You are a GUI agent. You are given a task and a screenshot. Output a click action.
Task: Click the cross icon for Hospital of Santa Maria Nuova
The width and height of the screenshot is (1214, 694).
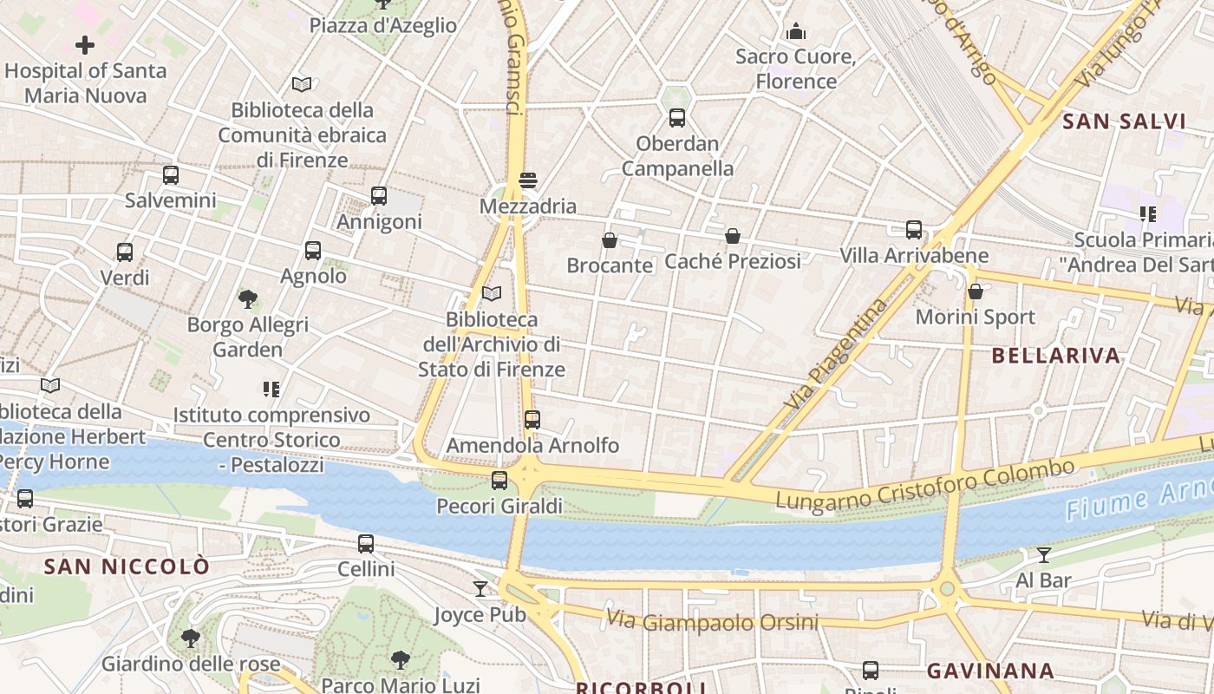(x=85, y=44)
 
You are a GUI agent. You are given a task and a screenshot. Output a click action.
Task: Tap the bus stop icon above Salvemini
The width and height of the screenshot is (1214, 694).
(x=171, y=175)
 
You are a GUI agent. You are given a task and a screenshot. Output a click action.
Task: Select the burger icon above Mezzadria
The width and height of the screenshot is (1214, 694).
(x=528, y=180)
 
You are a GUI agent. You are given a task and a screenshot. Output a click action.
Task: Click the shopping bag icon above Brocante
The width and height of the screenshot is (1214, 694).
(x=610, y=240)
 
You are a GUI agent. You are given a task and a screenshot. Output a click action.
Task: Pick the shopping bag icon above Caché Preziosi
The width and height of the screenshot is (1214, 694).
(x=733, y=236)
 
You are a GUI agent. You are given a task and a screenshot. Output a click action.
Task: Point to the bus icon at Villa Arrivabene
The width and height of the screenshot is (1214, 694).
(x=914, y=230)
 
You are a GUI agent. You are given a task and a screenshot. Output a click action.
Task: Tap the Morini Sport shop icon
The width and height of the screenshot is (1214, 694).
(x=976, y=291)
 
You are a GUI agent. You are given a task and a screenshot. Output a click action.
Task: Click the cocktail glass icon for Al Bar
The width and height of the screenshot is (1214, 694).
(x=1044, y=555)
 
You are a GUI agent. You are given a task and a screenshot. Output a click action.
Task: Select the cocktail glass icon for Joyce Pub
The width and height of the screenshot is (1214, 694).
(x=480, y=589)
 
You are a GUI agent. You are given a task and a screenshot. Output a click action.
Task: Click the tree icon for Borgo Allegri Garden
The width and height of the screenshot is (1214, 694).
(x=248, y=299)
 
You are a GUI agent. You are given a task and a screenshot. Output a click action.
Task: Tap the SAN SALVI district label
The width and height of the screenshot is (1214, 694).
(x=1124, y=121)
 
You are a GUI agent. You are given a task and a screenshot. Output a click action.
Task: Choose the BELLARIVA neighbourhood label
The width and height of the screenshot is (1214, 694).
(x=1055, y=356)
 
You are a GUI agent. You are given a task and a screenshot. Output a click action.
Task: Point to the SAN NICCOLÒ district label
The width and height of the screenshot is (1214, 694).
(x=127, y=567)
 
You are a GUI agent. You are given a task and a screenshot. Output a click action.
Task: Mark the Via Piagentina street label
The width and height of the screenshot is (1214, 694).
(x=837, y=354)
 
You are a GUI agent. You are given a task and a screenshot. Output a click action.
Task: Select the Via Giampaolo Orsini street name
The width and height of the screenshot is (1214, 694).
(x=712, y=621)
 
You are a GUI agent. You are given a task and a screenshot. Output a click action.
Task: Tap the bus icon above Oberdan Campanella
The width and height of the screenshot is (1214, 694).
(x=677, y=118)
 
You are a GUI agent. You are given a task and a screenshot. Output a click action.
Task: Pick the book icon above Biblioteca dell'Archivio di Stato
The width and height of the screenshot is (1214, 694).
(x=492, y=294)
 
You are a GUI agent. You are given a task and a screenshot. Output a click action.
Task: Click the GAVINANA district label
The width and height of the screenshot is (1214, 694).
(x=990, y=671)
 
